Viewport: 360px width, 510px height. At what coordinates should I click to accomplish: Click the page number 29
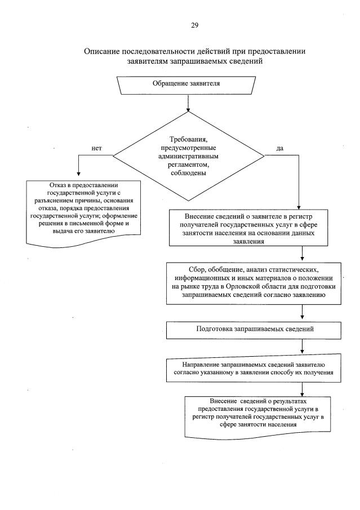point(194,25)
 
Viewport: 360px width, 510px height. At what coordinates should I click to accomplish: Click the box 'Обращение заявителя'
point(185,83)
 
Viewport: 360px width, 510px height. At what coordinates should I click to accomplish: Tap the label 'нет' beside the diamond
point(96,148)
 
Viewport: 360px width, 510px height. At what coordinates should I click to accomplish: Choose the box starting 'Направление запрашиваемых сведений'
point(251,368)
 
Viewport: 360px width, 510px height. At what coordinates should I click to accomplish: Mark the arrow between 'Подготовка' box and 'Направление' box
point(303,345)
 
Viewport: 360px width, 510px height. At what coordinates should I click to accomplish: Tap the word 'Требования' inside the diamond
point(186,139)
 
